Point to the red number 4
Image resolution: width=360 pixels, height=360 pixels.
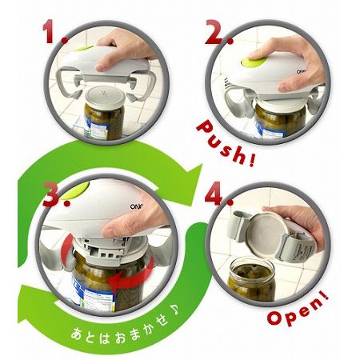[x=217, y=194]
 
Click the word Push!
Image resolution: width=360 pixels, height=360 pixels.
[x=226, y=143]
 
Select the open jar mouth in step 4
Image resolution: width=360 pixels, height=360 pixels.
[x=252, y=268]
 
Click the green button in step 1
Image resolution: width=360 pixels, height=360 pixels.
[x=83, y=49]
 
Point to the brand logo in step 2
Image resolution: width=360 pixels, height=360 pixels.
[x=302, y=71]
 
